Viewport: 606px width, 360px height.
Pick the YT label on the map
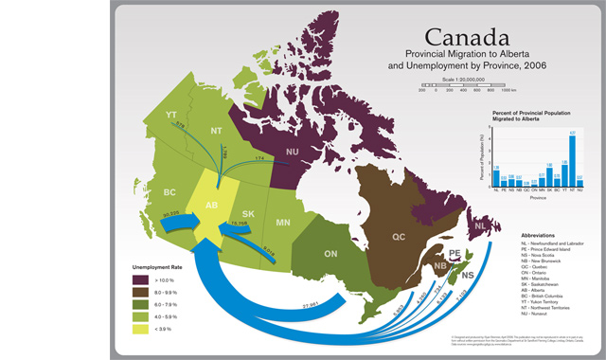pos(171,116)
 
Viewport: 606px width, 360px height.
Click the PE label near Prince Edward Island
pos(454,253)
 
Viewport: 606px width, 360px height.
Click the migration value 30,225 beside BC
pos(171,214)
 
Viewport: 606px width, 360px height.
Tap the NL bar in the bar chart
pos(496,178)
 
